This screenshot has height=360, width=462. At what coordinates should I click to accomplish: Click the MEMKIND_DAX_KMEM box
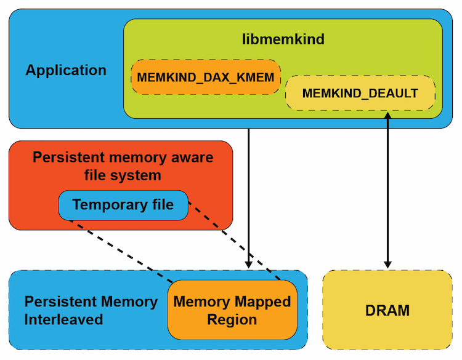coord(206,77)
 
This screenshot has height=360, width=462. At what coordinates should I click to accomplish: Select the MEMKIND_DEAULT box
coord(360,94)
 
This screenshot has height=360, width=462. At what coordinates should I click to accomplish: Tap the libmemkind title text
coord(283,40)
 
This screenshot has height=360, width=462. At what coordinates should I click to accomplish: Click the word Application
coord(66,70)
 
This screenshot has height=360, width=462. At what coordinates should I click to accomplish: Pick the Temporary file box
coord(123,205)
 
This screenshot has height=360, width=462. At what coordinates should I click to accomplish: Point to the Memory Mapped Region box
coord(232,310)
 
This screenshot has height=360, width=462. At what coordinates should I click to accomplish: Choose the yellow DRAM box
coord(387,310)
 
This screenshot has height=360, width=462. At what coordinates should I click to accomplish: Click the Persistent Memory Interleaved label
coord(91,310)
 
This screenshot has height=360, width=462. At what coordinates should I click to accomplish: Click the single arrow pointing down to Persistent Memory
coord(248,197)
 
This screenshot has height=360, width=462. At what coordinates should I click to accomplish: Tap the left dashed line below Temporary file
coord(117,252)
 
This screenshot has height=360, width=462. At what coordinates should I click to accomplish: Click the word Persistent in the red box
coord(65,158)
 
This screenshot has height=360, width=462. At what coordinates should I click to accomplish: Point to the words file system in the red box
coord(123,175)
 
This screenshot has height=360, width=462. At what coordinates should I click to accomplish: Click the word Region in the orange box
coord(232,320)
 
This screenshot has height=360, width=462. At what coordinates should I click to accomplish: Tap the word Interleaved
coord(63,320)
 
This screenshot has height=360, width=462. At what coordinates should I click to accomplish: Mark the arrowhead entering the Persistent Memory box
coord(248,263)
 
